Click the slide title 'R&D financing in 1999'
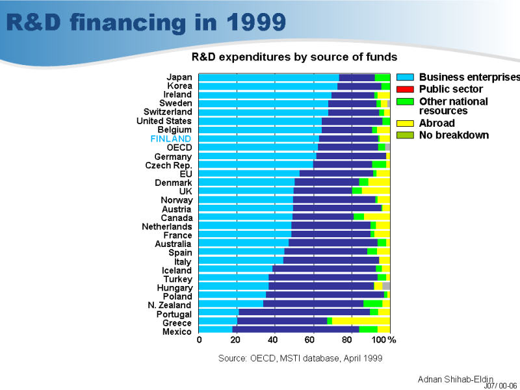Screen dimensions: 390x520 point(146,23)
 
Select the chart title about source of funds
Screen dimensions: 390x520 point(294,57)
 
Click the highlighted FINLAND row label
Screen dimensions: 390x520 point(171,138)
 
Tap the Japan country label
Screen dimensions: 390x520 point(179,77)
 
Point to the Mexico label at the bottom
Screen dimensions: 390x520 point(177,331)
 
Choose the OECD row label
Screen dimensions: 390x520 point(179,148)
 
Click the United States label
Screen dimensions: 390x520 point(164,121)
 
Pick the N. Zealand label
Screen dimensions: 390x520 point(170,305)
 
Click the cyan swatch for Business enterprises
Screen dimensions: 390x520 point(406,77)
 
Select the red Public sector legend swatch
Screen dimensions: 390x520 point(406,89)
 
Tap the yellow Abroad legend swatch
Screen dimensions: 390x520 point(406,123)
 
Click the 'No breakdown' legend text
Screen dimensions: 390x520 point(454,135)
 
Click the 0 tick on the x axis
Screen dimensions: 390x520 point(200,340)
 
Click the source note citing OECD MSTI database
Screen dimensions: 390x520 point(300,358)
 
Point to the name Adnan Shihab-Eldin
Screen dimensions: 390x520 point(455,379)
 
